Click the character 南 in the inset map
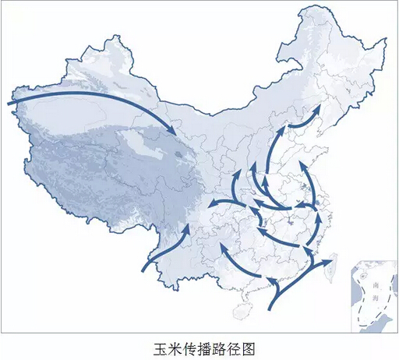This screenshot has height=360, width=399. click(376, 285)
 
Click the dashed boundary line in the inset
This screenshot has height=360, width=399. click(365, 312)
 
